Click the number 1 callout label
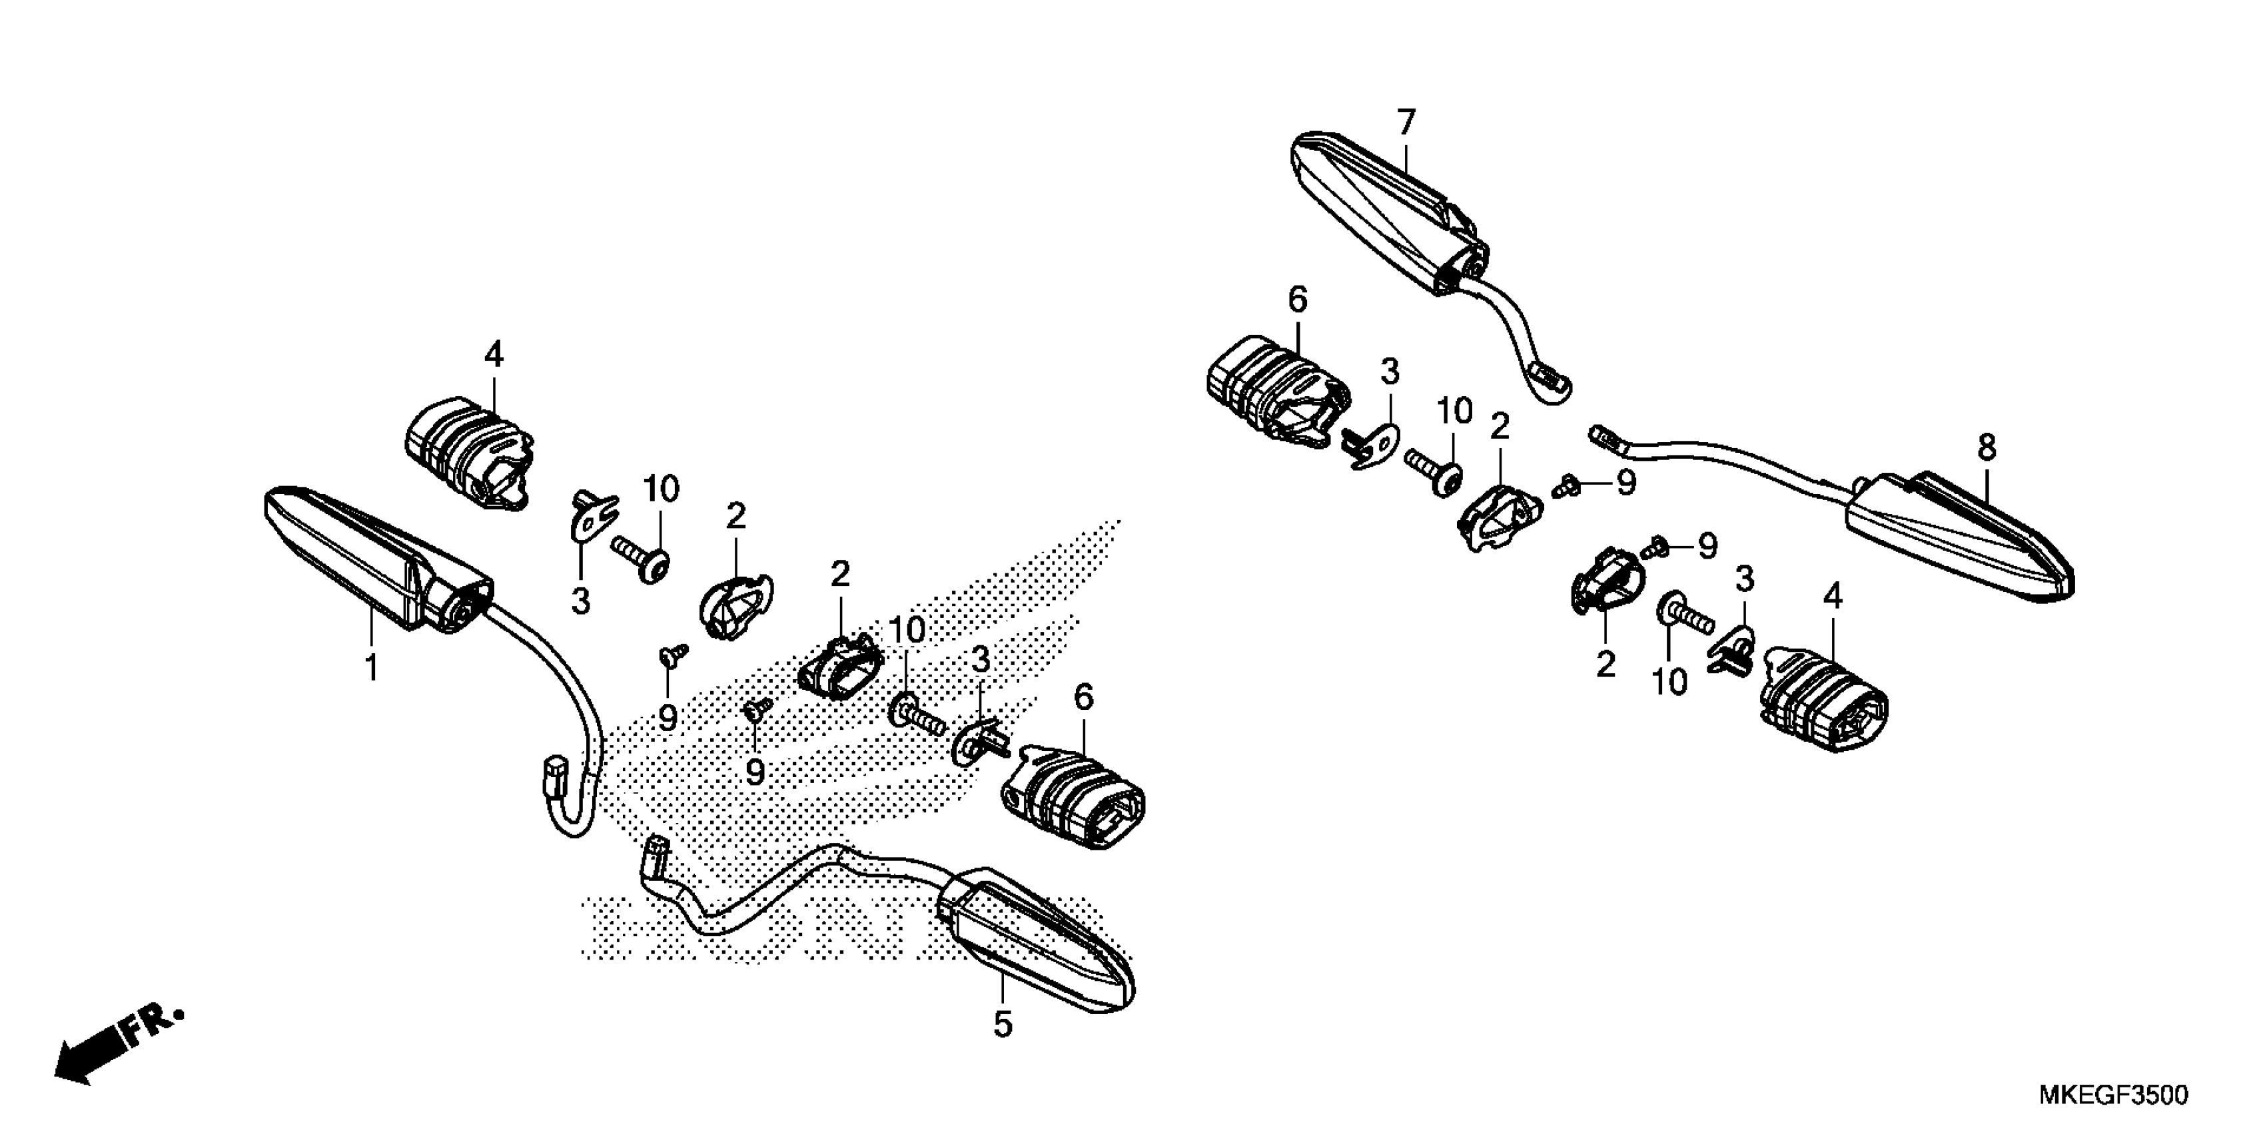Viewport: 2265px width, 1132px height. click(372, 667)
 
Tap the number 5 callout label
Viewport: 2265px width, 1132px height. click(1003, 1024)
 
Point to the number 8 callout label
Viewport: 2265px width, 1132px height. click(1987, 448)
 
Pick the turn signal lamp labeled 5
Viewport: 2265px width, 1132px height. click(1037, 949)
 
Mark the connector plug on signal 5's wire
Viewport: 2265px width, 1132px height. click(655, 855)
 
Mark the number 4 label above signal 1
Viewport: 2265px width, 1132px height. click(494, 355)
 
